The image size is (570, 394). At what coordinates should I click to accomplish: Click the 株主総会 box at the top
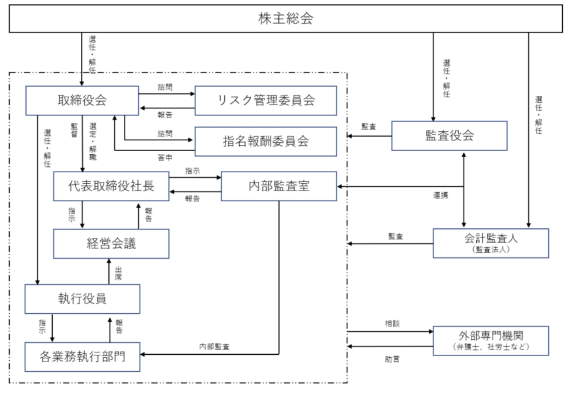[285, 19]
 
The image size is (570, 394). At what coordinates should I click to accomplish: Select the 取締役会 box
[82, 100]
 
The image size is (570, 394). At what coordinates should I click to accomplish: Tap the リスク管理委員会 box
[266, 100]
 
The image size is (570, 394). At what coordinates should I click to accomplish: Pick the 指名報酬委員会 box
[266, 141]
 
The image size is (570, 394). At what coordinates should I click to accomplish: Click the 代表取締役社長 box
[111, 186]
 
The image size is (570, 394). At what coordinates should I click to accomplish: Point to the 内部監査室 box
[279, 186]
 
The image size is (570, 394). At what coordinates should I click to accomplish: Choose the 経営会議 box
[111, 244]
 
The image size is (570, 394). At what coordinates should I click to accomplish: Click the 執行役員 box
[82, 299]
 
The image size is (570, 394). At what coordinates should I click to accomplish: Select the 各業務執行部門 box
[82, 357]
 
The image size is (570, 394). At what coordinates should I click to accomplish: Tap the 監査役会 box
[449, 136]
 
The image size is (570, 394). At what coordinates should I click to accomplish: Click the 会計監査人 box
[491, 243]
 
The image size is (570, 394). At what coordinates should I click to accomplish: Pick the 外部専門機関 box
[491, 340]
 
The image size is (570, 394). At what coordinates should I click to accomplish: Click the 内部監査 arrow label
[214, 346]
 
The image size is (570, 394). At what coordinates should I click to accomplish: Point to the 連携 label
[440, 196]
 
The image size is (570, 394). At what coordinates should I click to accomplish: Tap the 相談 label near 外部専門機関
[392, 324]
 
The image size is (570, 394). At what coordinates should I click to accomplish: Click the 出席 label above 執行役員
[118, 273]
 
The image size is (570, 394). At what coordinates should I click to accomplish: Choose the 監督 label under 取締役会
[74, 131]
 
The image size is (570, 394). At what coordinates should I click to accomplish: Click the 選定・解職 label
[93, 141]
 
